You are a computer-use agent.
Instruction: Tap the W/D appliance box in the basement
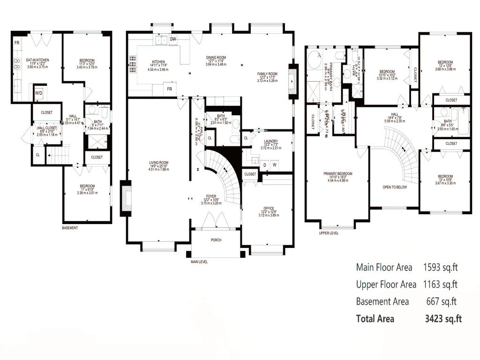pos(39,93)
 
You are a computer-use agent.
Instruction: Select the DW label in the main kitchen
pos(173,39)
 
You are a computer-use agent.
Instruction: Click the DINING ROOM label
pos(216,58)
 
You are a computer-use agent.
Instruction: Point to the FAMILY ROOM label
pos(267,74)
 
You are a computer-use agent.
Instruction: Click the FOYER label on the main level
pos(210,197)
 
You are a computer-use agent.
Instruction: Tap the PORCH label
pos(216,240)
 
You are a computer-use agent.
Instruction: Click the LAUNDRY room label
pos(271,141)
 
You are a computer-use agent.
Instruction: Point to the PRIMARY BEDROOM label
pos(337,173)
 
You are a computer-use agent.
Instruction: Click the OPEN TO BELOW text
pos(394,187)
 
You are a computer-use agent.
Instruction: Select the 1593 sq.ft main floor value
pos(440,268)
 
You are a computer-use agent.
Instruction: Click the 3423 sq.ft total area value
pos(442,319)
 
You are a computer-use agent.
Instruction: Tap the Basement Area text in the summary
pos(382,301)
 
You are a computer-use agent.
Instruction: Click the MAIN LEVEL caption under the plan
pos(199,262)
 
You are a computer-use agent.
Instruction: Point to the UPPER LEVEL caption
pos(329,232)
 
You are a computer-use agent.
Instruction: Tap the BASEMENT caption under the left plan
pos(70,228)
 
